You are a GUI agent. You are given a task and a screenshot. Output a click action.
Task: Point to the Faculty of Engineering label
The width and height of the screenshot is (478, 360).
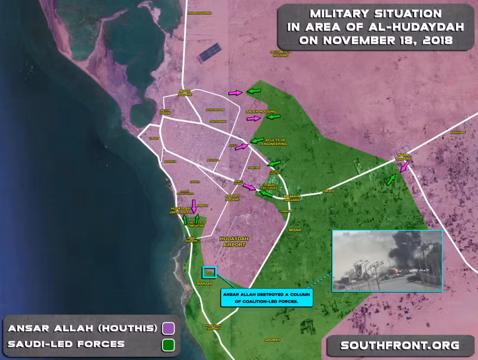pyautogui.click(x=272, y=142)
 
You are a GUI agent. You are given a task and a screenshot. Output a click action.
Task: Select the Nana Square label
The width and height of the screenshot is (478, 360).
pyautogui.click(x=404, y=158)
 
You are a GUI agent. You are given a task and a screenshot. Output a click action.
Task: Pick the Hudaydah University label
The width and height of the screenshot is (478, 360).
pyautogui.click(x=180, y=210)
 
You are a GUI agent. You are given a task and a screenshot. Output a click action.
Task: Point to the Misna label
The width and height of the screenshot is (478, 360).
pyautogui.click(x=295, y=230)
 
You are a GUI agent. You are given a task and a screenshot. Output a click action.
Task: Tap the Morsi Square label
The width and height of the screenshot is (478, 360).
pyautogui.click(x=185, y=93)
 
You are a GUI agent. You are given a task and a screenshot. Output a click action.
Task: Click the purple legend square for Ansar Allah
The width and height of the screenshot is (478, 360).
pyautogui.click(x=169, y=328)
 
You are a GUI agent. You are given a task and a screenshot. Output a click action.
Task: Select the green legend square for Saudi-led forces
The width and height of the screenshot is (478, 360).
pyautogui.click(x=169, y=343)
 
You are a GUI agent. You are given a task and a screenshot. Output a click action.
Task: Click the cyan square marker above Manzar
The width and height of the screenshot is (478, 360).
pyautogui.click(x=209, y=272)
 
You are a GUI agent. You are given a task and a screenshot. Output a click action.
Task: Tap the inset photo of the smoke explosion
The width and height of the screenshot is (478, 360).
pyautogui.click(x=387, y=261)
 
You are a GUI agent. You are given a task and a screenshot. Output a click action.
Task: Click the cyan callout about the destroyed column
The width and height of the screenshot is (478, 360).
pyautogui.click(x=267, y=297)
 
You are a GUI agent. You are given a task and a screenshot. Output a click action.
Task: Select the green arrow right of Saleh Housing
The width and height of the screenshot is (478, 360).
pyautogui.click(x=273, y=117)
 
